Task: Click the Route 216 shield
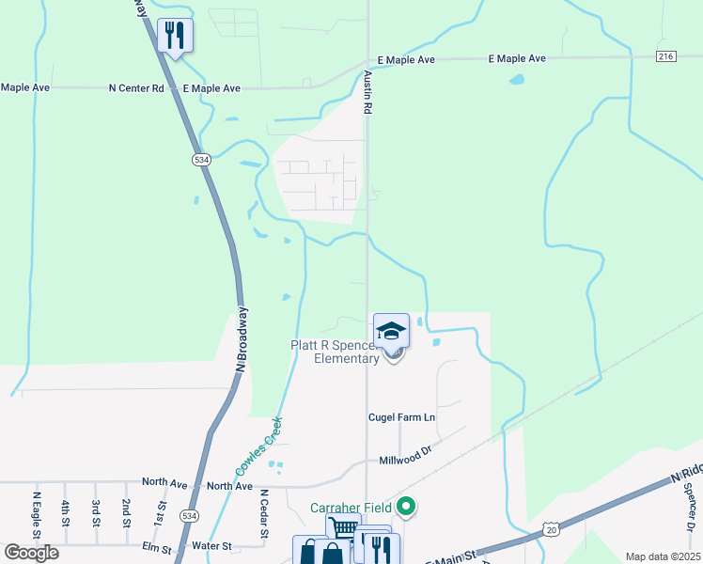coord(665,57)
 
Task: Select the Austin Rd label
coord(368,92)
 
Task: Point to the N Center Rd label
coord(136,88)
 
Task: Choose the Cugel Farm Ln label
coord(401,416)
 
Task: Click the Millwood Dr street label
coord(404,461)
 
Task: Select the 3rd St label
coord(95,509)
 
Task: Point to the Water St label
coord(212,545)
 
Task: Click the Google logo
coord(32,552)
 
